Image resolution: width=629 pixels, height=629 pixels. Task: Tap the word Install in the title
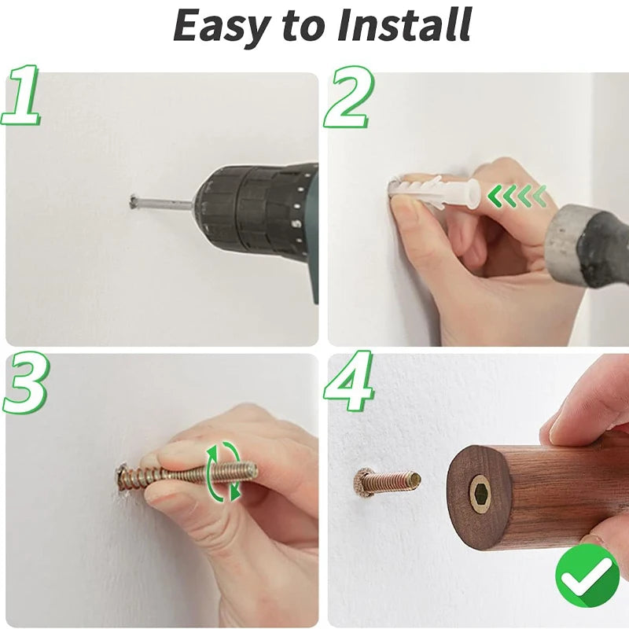tap(404, 25)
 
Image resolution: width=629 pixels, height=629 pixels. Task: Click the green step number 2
tap(348, 97)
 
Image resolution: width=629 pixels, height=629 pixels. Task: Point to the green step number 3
tap(25, 384)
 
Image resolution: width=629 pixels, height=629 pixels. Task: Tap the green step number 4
tap(349, 381)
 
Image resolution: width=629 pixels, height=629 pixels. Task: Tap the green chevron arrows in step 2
tap(517, 196)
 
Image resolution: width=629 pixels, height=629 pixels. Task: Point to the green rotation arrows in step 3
tap(223, 470)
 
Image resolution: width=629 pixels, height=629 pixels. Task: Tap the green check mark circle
tap(587, 576)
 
